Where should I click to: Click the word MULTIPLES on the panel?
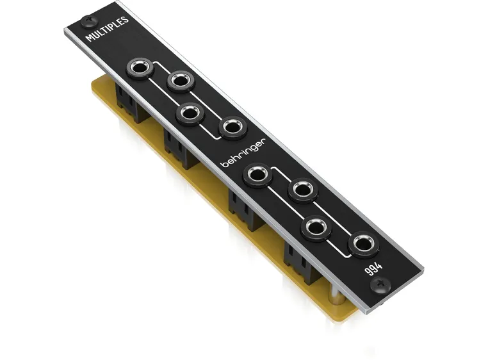(108, 29)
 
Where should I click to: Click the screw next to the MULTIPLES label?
(86, 19)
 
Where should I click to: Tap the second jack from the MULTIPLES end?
(181, 81)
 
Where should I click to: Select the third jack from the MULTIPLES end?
(191, 113)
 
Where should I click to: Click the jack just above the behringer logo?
(232, 127)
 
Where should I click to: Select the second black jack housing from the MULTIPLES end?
(180, 149)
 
